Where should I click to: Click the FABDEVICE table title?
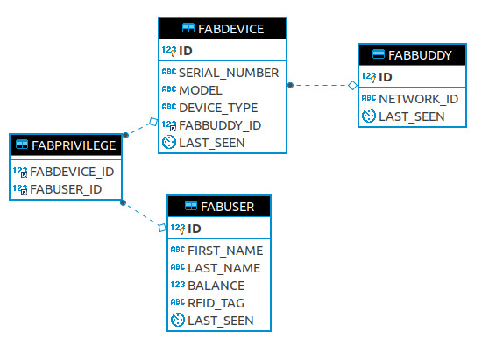pos(231,29)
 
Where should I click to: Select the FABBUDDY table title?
pos(420,55)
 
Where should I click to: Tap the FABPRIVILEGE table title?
pos(74,145)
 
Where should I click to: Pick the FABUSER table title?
pos(228,207)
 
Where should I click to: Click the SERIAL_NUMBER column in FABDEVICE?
pos(229,73)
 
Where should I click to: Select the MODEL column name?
pos(201,90)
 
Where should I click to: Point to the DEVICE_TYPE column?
pos(218,108)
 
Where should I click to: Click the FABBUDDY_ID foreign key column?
pos(220,125)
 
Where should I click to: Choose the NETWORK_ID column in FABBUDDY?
pos(418,99)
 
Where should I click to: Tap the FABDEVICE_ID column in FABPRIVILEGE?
pos(72,173)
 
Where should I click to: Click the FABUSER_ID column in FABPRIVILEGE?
pos(66,189)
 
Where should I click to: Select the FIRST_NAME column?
pos(225,251)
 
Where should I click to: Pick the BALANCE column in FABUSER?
pos(216,286)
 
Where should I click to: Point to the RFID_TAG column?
pos(216,303)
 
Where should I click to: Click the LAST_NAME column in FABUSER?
pos(224,268)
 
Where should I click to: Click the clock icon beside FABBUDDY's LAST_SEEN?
pos(369,116)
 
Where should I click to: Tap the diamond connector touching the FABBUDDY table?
pos(353,85)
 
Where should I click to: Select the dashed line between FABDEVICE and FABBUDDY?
pos(321,85)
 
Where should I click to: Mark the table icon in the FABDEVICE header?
pos(188,28)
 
